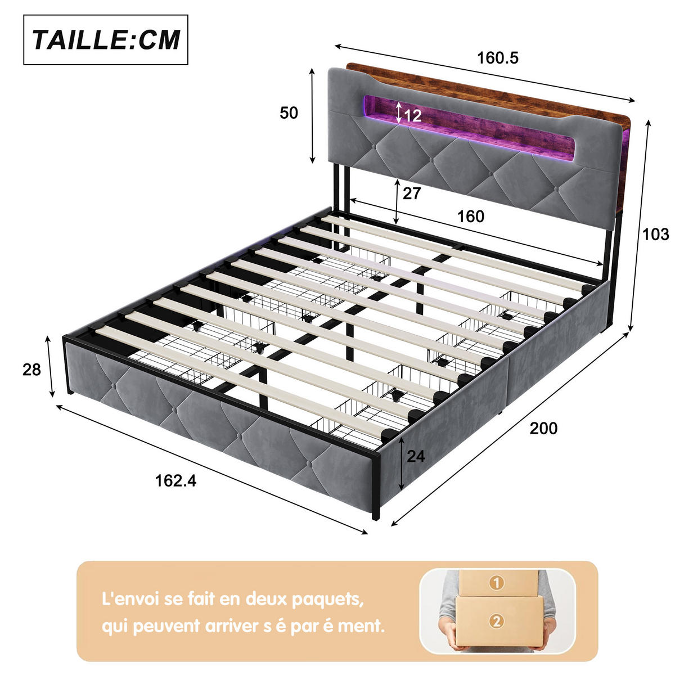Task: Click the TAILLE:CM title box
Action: pos(105,39)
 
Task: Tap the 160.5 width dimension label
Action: pos(498,58)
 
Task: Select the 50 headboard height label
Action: pos(289,113)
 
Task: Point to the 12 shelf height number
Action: pos(413,115)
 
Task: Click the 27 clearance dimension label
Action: pos(411,193)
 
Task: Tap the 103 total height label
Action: pos(656,234)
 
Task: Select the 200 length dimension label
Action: pos(543,429)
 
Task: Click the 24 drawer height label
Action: pos(416,456)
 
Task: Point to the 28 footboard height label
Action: pos(31,370)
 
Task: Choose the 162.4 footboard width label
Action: pos(175,480)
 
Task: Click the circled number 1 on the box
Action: pos(496,583)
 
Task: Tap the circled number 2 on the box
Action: pos(496,622)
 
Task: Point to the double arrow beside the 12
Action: pos(399,113)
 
